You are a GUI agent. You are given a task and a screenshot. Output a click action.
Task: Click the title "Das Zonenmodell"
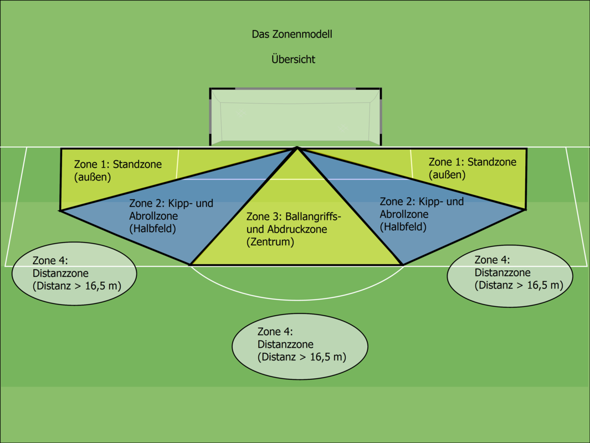coord(292,34)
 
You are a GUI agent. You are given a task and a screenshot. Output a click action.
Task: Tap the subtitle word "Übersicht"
coord(293,59)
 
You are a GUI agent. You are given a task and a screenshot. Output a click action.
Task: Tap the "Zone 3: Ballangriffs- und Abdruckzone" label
coord(294,223)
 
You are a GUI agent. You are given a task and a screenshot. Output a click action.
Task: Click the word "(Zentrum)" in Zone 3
coord(270,242)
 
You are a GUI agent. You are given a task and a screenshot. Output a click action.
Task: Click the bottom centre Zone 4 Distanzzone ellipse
coord(300,344)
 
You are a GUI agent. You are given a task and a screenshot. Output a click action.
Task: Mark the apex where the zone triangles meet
coord(297,148)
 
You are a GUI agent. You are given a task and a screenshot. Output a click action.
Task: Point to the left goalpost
coord(211,116)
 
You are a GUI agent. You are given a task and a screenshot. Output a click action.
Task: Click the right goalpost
coord(381,116)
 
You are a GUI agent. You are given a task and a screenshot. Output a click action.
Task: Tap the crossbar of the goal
coord(295,89)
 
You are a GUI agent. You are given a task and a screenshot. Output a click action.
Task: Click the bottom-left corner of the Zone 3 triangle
coord(191,265)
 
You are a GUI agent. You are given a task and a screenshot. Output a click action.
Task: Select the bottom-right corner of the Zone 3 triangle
coord(402,265)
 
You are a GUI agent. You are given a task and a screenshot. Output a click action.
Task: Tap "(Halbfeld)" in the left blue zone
coord(152,228)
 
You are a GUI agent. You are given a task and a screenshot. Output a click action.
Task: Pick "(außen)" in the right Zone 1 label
coord(447,174)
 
